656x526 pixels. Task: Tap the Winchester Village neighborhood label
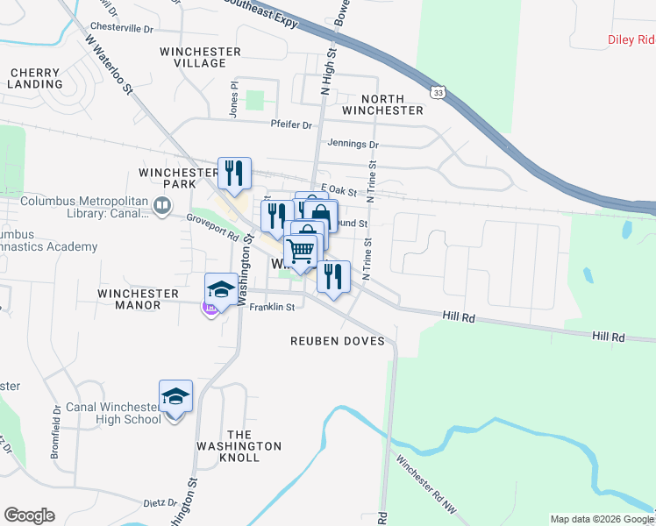click(200, 58)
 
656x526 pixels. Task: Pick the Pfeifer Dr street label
click(292, 125)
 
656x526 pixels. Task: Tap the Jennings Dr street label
click(353, 144)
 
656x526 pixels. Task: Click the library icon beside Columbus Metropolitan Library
click(162, 207)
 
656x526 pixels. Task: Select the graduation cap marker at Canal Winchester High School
click(176, 397)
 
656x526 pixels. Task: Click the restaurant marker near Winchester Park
click(234, 172)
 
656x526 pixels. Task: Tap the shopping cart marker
click(301, 251)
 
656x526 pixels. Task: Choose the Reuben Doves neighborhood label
click(339, 340)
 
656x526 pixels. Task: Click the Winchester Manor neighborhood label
click(129, 299)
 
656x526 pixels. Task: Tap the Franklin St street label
click(271, 308)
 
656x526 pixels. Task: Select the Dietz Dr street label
click(160, 503)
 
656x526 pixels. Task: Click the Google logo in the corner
click(29, 515)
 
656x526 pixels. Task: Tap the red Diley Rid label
click(631, 39)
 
